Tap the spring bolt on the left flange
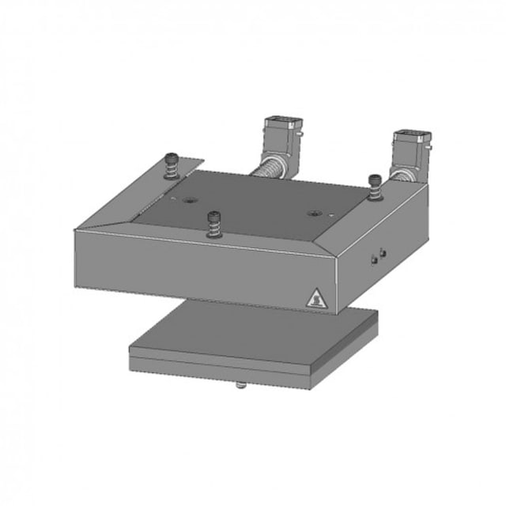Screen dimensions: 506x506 click(172, 165)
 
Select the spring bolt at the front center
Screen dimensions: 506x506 click(213, 223)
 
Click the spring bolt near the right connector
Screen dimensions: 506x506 click(374, 186)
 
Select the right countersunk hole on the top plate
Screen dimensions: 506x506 click(314, 213)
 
